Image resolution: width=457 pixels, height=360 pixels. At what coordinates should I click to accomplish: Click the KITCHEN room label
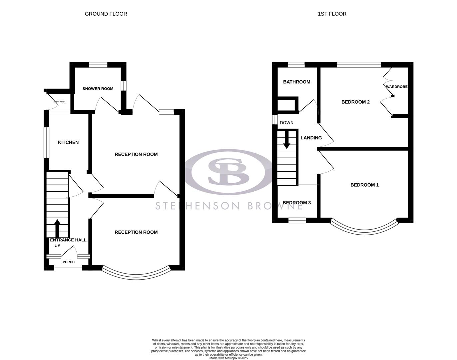pos(68,142)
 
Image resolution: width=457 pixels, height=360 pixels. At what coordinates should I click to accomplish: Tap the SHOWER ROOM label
pos(98,89)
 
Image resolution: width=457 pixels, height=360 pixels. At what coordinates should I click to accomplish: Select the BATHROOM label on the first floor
pos(296,82)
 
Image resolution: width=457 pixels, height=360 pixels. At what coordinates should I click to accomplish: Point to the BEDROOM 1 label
pos(364,185)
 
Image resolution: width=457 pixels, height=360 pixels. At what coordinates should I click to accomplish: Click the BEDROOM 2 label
pos(355,102)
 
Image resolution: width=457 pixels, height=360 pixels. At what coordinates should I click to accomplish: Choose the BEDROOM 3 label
pos(296,203)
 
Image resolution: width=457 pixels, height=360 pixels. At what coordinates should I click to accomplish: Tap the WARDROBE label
pos(397,87)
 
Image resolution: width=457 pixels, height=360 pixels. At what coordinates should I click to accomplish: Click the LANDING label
pos(311,138)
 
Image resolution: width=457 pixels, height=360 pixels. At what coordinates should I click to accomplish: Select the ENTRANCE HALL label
pos(68,240)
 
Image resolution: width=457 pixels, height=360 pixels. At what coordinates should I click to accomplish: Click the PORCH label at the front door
pos(69,262)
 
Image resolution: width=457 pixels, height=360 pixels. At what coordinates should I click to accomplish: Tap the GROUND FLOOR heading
pos(106,14)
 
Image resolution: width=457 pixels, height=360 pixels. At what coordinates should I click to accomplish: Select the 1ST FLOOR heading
pos(332,14)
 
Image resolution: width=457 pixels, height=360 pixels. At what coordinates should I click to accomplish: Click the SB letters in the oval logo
pos(228,171)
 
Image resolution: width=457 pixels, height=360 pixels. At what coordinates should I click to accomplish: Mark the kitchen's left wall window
pos(47,142)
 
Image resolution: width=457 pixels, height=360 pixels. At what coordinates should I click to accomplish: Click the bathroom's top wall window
pos(296,65)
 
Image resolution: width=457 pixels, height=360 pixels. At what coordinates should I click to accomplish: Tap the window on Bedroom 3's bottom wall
pos(297,220)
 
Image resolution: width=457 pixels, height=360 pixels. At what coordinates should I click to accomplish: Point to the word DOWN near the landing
pos(286,123)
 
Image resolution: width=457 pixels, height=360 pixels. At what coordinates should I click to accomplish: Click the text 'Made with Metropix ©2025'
pos(228,358)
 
